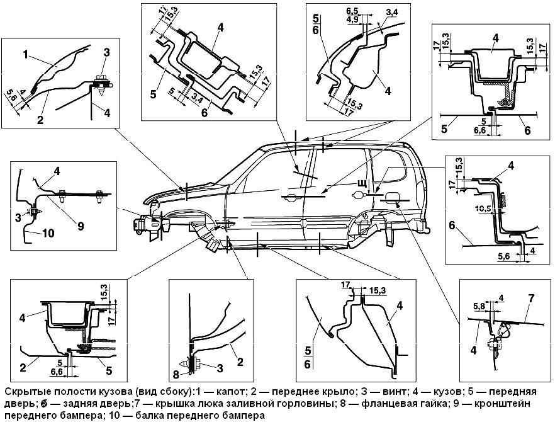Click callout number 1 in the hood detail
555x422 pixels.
pyautogui.click(x=25, y=55)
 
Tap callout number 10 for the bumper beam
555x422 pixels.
pyautogui.click(x=48, y=233)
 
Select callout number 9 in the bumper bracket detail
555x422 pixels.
pyautogui.click(x=81, y=225)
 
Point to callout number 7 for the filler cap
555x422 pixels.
pyautogui.click(x=531, y=299)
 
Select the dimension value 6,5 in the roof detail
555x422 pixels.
pyautogui.click(x=353, y=11)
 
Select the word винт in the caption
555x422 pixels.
pyautogui.click(x=395, y=392)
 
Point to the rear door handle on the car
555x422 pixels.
pyautogui.click(x=358, y=195)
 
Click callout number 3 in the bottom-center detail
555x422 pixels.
pyautogui.click(x=220, y=368)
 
